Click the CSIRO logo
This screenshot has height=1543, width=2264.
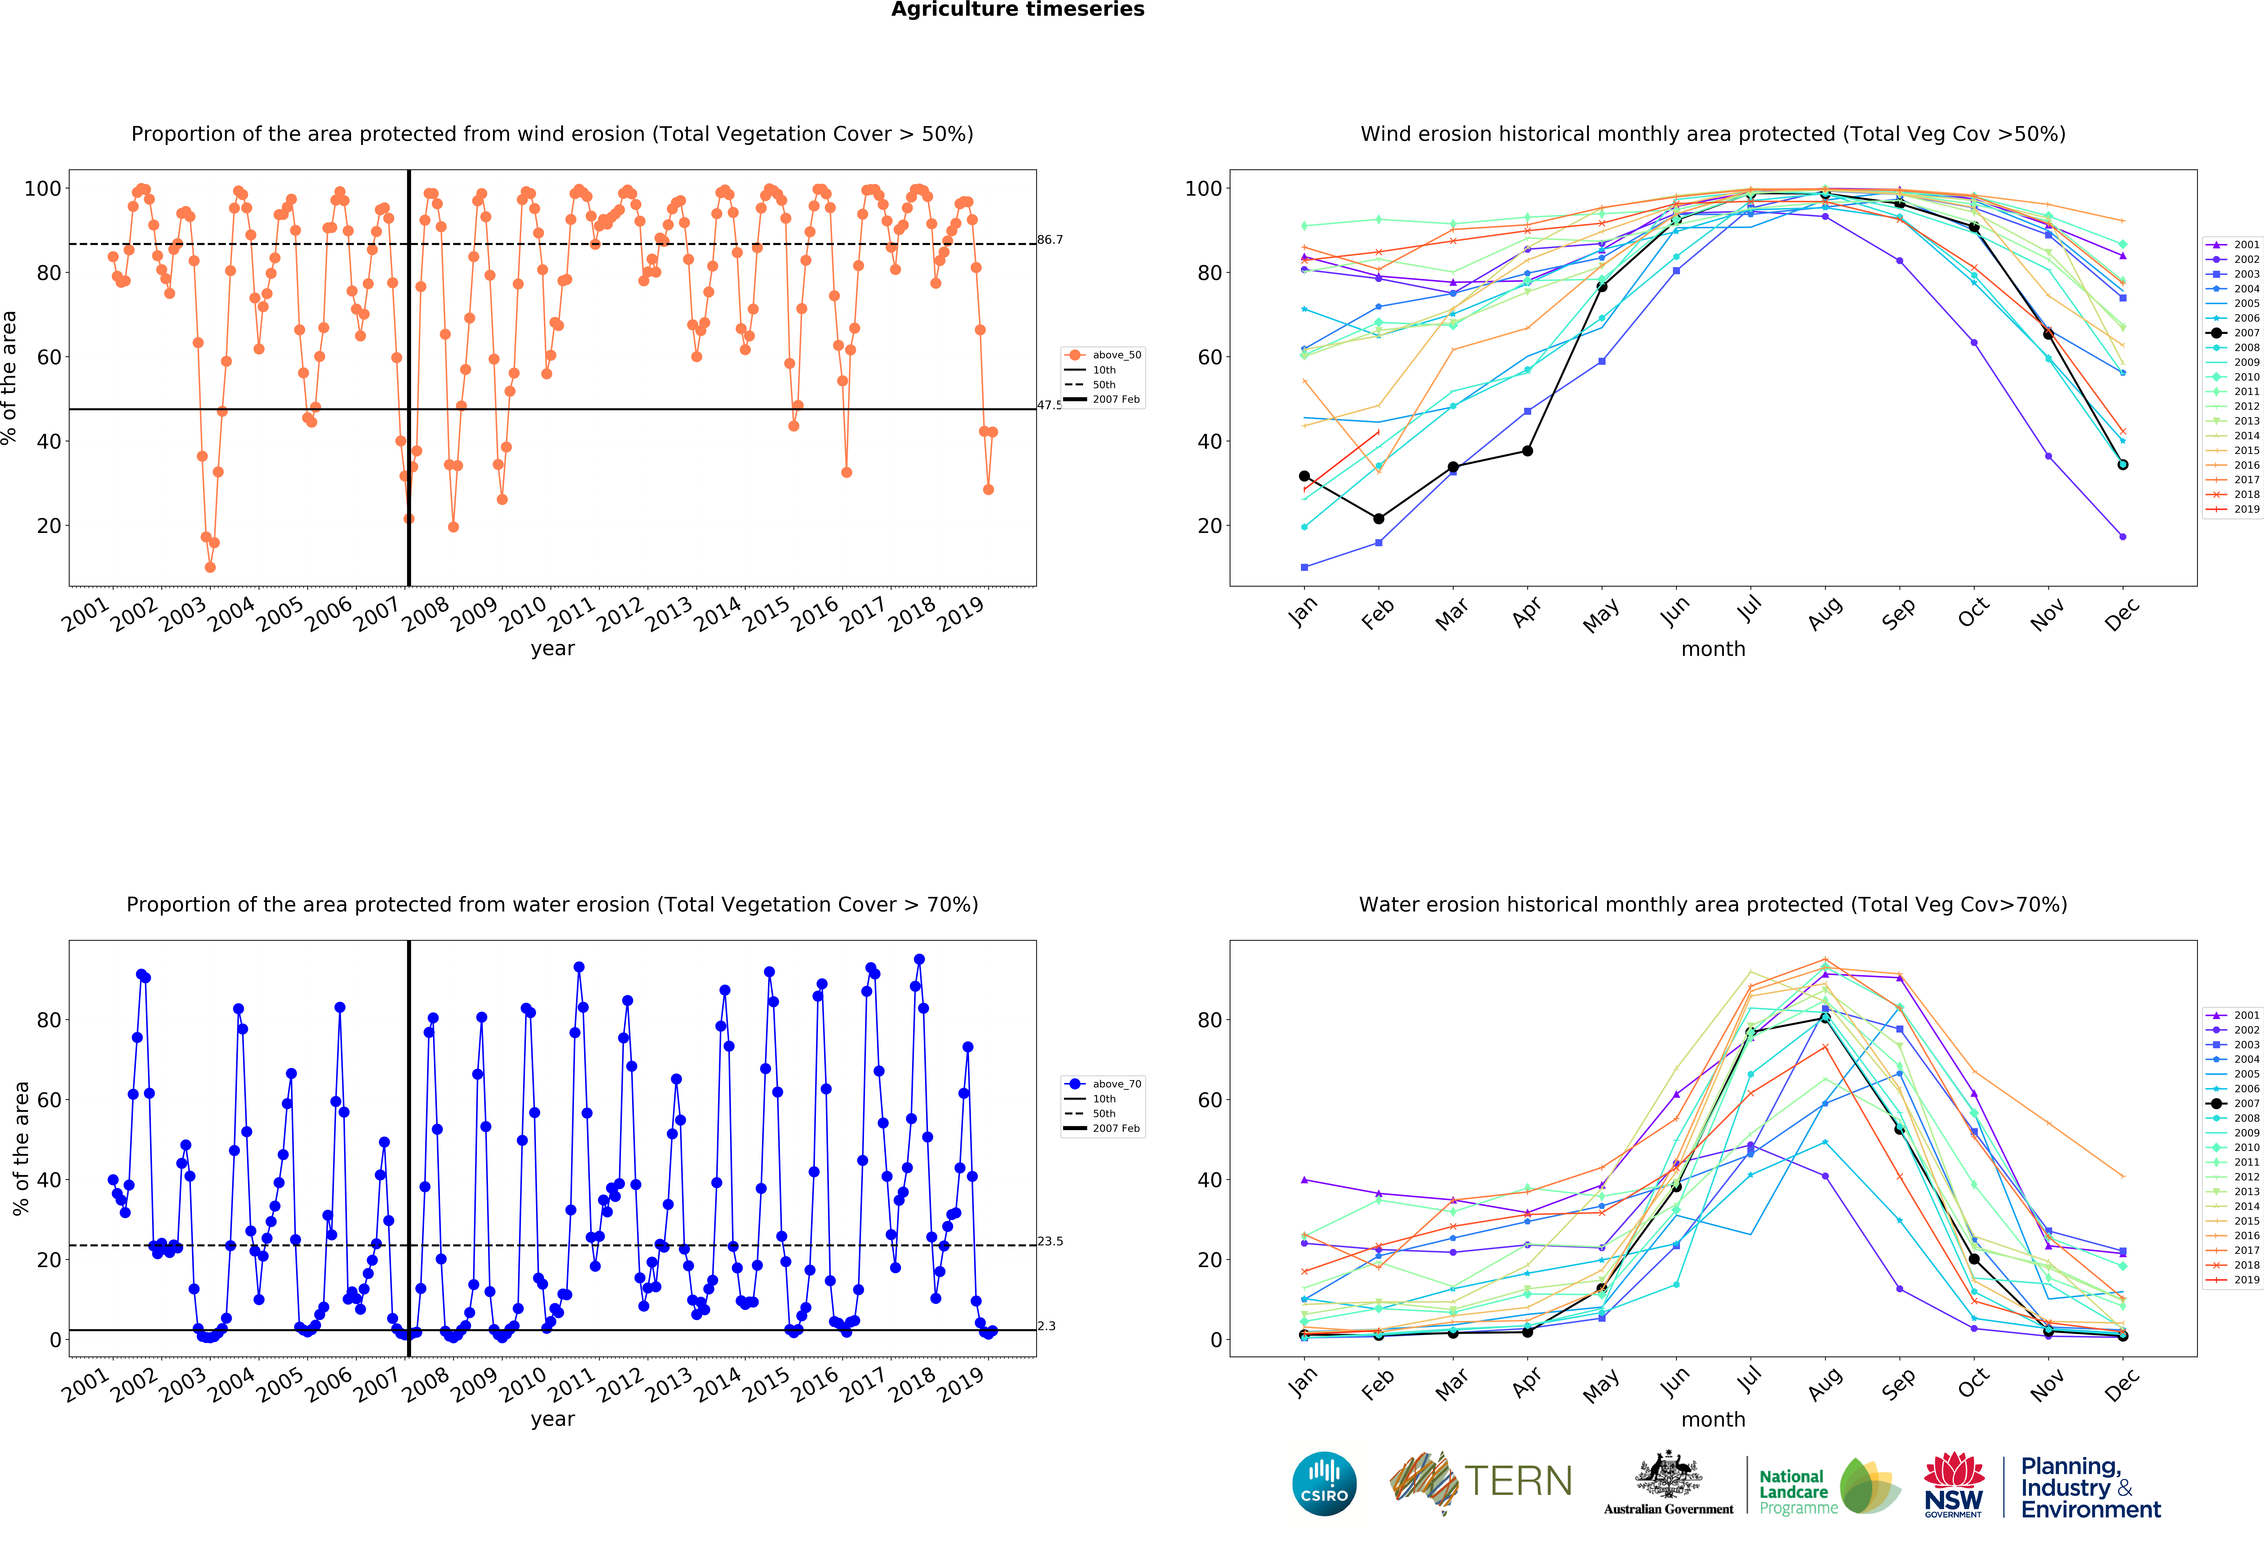[x=1324, y=1484]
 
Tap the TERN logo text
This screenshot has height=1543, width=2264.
[x=1518, y=1482]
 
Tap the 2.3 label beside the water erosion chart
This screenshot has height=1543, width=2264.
[x=1046, y=1326]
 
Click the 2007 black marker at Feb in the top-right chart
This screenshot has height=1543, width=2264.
[x=1378, y=518]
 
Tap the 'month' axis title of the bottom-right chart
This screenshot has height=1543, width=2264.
[x=1713, y=1419]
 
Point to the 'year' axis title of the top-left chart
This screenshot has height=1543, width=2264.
[x=552, y=649]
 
